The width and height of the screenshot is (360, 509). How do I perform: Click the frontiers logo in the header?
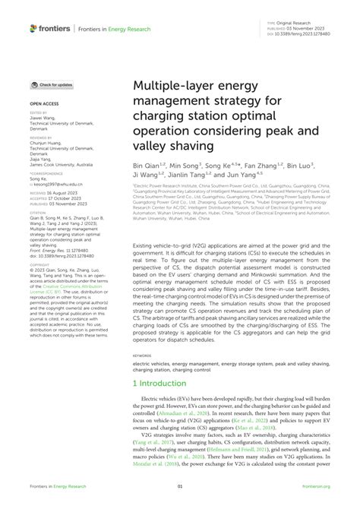(50, 28)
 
